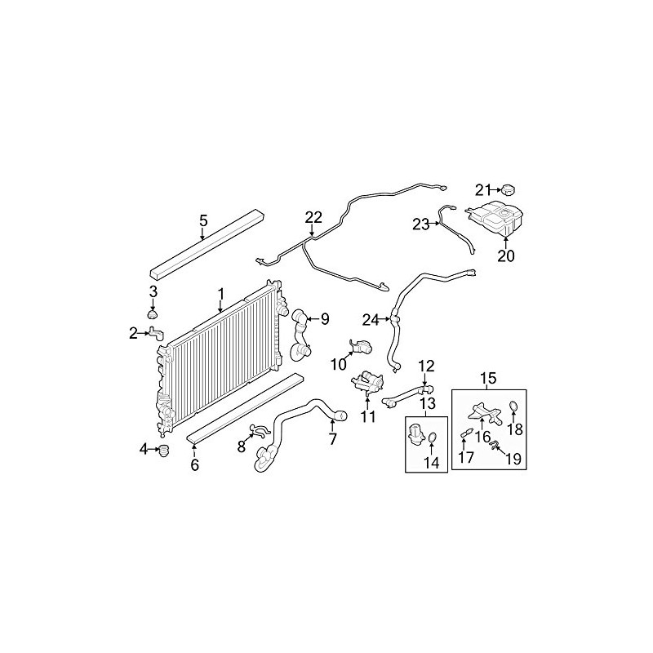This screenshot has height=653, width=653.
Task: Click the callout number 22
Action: point(314,217)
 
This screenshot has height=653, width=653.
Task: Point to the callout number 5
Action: point(203,220)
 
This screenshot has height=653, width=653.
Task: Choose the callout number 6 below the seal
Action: point(194,466)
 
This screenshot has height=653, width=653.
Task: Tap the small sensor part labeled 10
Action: point(360,347)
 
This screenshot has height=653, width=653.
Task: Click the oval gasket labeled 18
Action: point(513,407)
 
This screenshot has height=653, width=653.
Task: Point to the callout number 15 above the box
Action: point(487,379)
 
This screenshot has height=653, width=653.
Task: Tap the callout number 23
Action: point(420,224)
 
